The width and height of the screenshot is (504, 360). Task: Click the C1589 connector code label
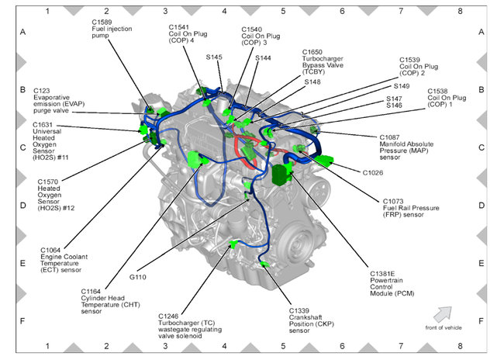coord(103,21)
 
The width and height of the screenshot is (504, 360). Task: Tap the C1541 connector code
coord(181,26)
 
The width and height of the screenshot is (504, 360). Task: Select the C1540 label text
coord(254,27)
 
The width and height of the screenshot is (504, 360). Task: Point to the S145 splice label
coord(214,57)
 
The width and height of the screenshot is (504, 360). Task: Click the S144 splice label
coord(263,57)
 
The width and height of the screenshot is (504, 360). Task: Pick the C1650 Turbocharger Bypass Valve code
coord(314,52)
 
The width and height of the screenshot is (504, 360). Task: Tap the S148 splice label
coord(312,81)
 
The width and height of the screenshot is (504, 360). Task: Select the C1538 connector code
coord(440,90)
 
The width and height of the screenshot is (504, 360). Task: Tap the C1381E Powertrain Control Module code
coord(384,273)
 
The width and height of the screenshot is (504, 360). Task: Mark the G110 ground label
coord(139,276)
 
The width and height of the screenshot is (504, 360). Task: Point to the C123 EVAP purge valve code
coord(43,90)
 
